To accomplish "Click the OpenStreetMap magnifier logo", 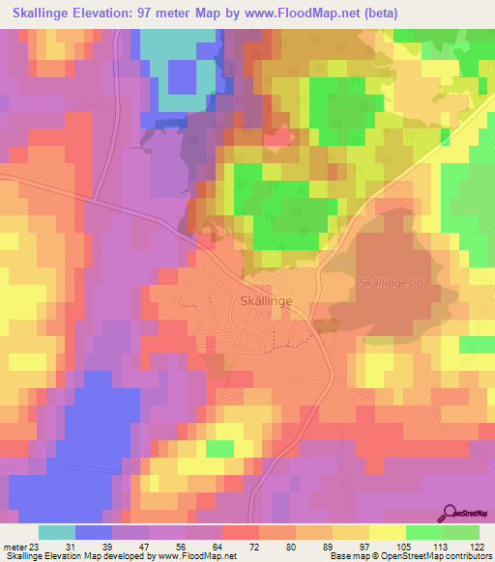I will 450,514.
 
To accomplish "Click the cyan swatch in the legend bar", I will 56,532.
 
